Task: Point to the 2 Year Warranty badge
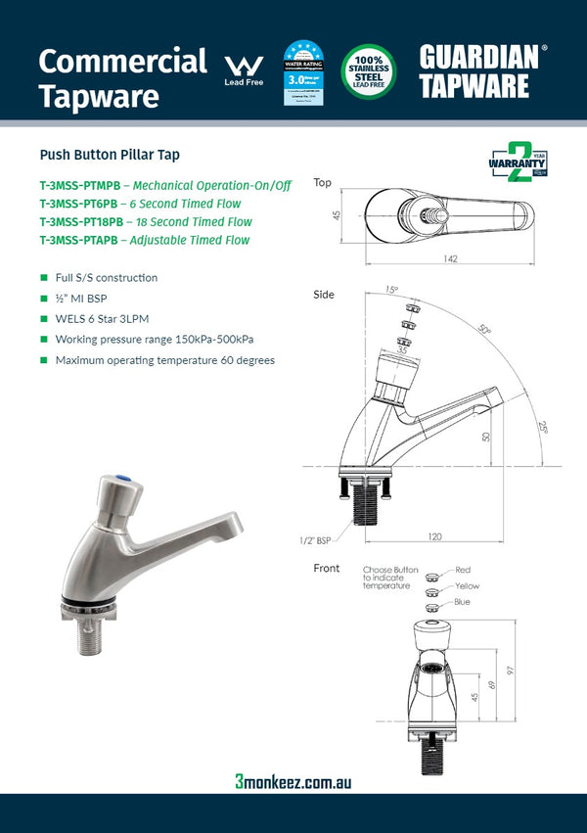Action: (518, 163)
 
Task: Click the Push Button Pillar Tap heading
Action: (110, 155)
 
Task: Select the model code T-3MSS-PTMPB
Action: (79, 185)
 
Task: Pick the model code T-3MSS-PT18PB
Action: (81, 222)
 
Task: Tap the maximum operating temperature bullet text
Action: (164, 360)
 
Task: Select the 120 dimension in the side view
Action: (434, 536)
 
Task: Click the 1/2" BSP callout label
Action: (316, 538)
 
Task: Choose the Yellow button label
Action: (467, 585)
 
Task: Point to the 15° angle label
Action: (391, 290)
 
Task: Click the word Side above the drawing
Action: (323, 295)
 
